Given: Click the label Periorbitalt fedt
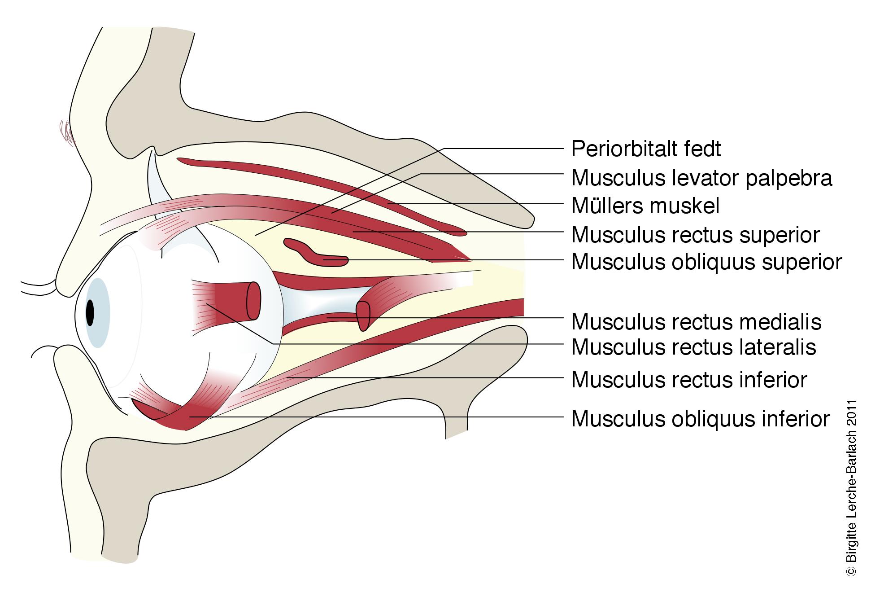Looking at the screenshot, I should tap(646, 149).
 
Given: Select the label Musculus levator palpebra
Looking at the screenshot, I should tap(701, 178).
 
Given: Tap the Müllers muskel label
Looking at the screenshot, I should tap(645, 206).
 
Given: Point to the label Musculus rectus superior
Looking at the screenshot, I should tap(695, 235).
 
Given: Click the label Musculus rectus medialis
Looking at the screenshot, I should tap(696, 322).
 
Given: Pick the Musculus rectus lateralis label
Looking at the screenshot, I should tap(693, 347).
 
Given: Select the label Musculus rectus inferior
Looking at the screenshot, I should tap(689, 380).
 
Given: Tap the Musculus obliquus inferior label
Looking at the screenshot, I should tap(700, 419).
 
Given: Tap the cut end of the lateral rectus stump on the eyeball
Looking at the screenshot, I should tap(254, 301).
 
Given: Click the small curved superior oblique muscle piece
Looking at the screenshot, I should tap(314, 253).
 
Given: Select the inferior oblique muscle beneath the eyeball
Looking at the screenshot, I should tap(179, 415).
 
